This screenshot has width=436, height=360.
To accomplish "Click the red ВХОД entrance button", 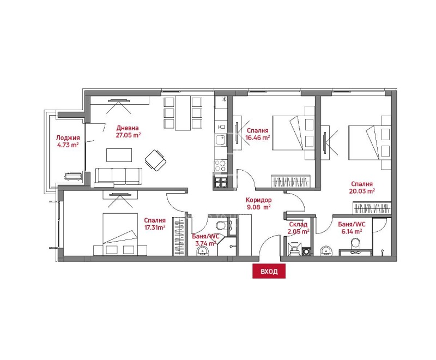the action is pos(269,271).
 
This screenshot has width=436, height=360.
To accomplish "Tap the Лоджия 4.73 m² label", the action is pos(68,141).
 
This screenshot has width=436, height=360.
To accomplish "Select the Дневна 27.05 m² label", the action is pos(128,131).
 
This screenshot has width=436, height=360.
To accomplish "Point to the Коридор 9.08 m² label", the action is pos(258,203).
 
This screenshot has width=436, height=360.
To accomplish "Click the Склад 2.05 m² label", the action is pos(298,228).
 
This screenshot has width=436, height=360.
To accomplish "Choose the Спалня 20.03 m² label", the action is pos(362,188).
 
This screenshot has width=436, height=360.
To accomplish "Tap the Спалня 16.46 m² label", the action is pos(257,134).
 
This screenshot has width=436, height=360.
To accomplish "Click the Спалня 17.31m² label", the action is pos(155,224).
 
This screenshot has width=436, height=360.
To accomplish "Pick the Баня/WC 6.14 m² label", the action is pos(352,228).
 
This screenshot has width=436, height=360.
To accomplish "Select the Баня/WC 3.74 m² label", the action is pos(206,240).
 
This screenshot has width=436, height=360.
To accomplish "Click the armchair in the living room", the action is pos(155,160).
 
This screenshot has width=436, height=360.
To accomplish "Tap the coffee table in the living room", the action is pos(119,155).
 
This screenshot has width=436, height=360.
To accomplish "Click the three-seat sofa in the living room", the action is pos(118,177).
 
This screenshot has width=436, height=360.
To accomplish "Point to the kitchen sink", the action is pos(221,141).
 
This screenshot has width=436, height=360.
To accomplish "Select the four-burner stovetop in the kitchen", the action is pos(221,166).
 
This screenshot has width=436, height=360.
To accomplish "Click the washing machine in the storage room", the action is pos(306,251).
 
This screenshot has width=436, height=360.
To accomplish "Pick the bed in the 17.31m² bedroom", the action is pos(120,234).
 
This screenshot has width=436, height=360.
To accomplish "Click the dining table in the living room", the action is pos(183,113).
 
